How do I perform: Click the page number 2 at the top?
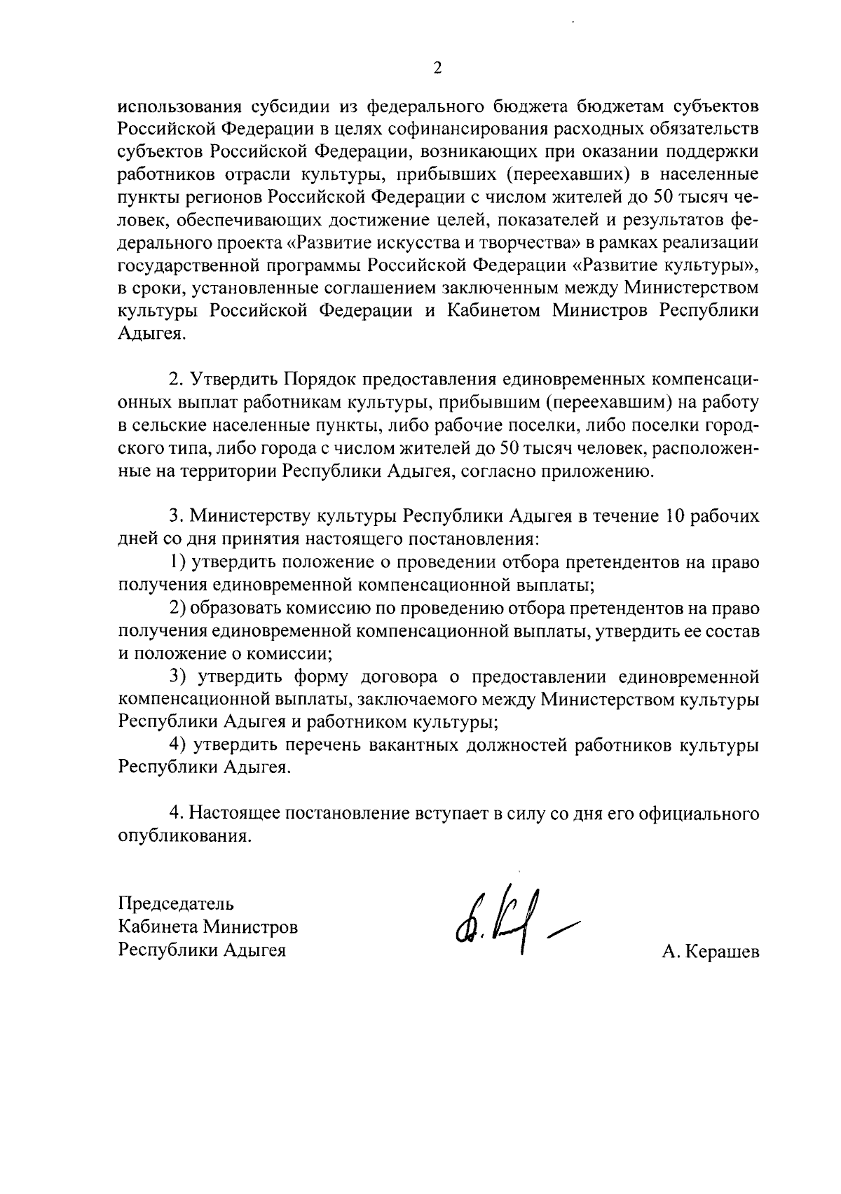click(x=437, y=68)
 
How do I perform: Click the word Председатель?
click(x=175, y=903)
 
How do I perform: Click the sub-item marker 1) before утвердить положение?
click(x=179, y=562)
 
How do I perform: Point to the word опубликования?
click(x=184, y=836)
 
